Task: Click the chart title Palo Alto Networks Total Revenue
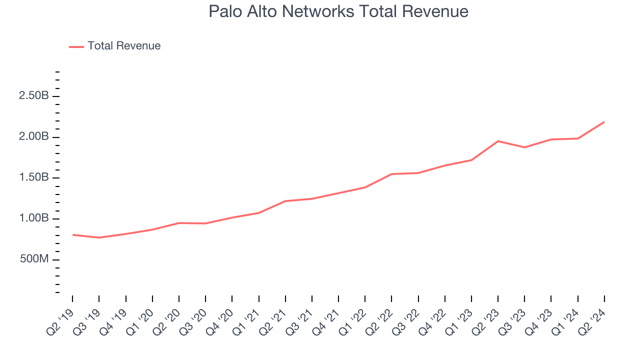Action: [338, 11]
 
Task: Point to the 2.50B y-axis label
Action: [34, 96]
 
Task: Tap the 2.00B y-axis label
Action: [34, 137]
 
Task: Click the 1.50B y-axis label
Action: [34, 178]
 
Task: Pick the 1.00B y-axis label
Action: [34, 219]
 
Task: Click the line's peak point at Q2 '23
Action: [498, 141]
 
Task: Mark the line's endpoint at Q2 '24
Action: [604, 122]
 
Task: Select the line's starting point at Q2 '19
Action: [73, 234]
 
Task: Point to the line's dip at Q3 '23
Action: [524, 147]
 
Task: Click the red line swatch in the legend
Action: [76, 46]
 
